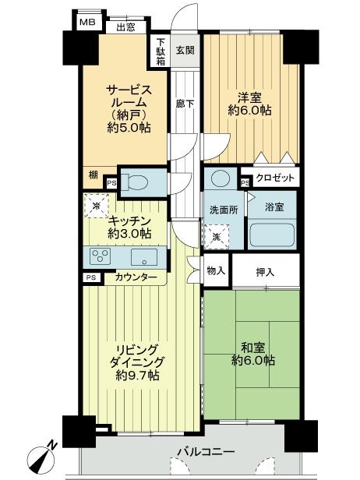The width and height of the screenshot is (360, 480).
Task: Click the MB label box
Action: coord(86,23)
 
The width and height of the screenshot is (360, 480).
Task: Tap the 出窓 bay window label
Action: coord(125,28)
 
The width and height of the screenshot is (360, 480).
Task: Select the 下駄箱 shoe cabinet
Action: coord(161,51)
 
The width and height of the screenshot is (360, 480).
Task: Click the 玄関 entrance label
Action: coord(185,51)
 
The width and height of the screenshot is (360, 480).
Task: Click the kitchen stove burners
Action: coord(101,256)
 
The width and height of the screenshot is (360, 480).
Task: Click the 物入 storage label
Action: coord(216,270)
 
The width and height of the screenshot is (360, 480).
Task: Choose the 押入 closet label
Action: coord(266,271)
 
